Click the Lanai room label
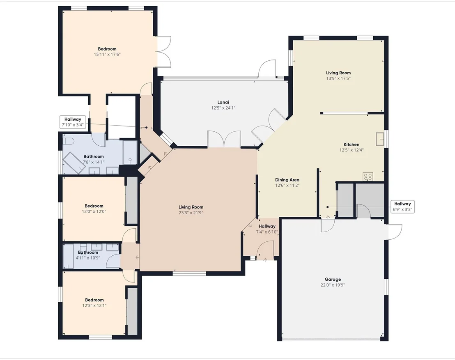(223, 102)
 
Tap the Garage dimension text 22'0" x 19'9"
(333, 285)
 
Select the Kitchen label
(352, 144)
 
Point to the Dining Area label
(287, 180)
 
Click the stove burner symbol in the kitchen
(368, 177)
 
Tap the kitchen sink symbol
(380, 139)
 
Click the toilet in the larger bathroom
(69, 141)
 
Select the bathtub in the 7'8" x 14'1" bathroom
(74, 163)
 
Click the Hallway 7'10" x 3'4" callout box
(73, 122)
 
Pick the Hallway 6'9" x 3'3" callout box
(402, 206)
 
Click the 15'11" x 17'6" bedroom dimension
(107, 54)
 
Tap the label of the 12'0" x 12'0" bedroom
(94, 206)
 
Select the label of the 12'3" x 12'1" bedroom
(94, 300)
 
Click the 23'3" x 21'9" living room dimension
(191, 213)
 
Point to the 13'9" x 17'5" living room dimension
(338, 78)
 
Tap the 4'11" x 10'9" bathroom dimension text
(88, 258)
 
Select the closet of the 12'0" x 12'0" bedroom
(132, 200)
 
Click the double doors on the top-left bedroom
(164, 52)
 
